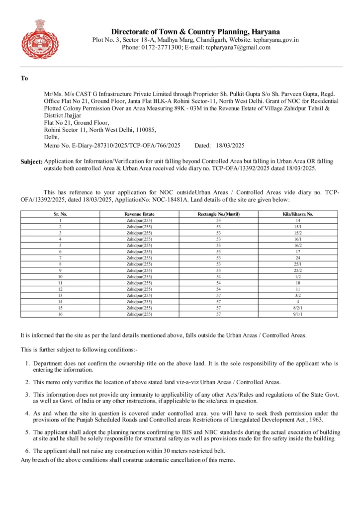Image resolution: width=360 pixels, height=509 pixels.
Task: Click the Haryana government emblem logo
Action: click(x=40, y=39)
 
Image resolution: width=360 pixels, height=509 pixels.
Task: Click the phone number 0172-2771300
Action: click(x=161, y=47)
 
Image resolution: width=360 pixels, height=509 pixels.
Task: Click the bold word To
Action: click(x=24, y=78)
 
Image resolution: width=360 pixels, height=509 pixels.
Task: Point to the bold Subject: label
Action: click(x=31, y=162)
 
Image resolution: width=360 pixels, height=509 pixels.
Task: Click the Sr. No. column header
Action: click(x=60, y=214)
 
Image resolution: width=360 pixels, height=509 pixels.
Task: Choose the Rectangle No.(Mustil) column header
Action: click(x=218, y=214)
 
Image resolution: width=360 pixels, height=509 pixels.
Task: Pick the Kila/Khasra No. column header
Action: click(x=298, y=214)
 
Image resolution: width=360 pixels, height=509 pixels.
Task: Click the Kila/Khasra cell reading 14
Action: click(x=298, y=220)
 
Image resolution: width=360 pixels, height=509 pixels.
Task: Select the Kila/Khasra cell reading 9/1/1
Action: click(x=298, y=314)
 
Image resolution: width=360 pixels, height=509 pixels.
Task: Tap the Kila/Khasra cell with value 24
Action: click(x=298, y=257)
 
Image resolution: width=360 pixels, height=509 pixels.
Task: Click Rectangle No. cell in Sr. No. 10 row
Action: click(x=218, y=276)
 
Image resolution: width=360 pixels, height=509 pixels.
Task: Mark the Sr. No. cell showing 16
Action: click(x=60, y=314)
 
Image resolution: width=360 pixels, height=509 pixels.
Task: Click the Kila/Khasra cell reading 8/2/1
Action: click(x=298, y=308)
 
